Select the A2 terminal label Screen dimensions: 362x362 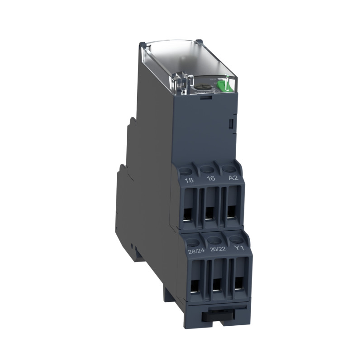tap(233, 178)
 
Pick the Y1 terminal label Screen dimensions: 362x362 tap(238, 248)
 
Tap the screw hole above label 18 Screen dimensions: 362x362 tap(185, 171)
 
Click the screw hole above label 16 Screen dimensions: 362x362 tap(208, 170)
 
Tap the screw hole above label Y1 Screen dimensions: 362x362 tap(236, 238)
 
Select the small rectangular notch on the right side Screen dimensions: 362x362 tap(230, 123)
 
